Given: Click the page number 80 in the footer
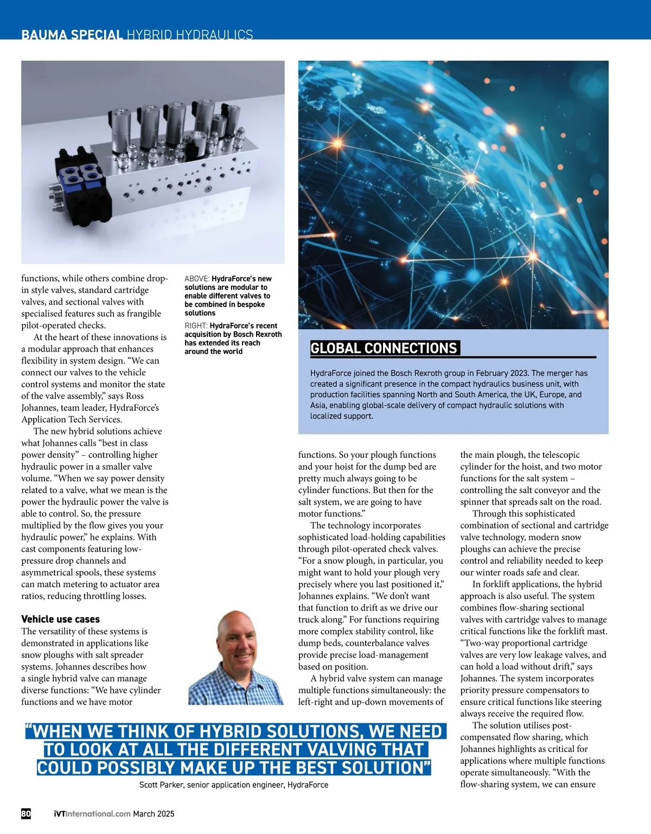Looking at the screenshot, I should coord(26,813).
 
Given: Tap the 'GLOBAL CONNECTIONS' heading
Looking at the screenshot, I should coord(384,348).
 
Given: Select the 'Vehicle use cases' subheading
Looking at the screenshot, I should coord(60,619).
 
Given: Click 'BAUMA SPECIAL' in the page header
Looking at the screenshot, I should coord(72,35).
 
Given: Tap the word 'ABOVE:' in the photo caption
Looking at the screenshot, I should coord(197,279).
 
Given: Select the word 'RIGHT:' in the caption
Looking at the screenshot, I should coord(196,326).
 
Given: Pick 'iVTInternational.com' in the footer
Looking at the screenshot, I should coord(92,814).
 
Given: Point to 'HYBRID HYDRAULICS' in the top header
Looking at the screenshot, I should coord(190,35).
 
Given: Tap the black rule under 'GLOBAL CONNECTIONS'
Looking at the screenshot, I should coord(453,357).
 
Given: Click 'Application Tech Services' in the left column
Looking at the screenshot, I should coord(72,419).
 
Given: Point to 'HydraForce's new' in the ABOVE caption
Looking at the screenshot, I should coord(241,279).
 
